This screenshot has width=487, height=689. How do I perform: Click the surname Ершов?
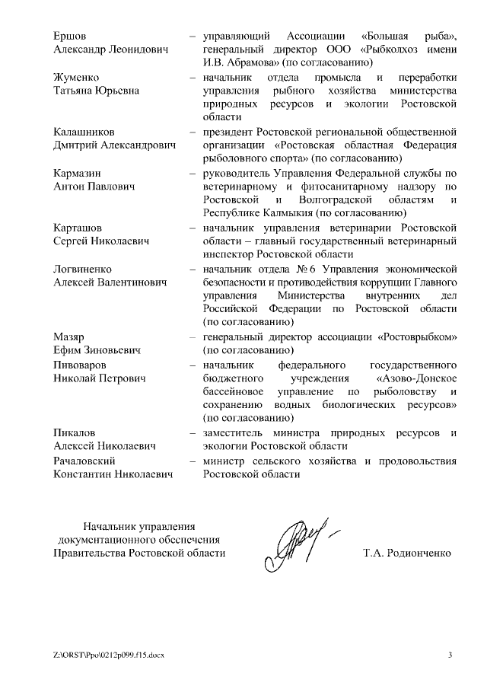(x=70, y=36)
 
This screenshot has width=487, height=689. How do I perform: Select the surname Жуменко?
(x=76, y=78)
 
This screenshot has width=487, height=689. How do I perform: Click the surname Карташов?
(x=78, y=228)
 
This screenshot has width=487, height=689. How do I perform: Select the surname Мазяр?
(x=68, y=337)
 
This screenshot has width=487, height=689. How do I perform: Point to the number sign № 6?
(x=307, y=269)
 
